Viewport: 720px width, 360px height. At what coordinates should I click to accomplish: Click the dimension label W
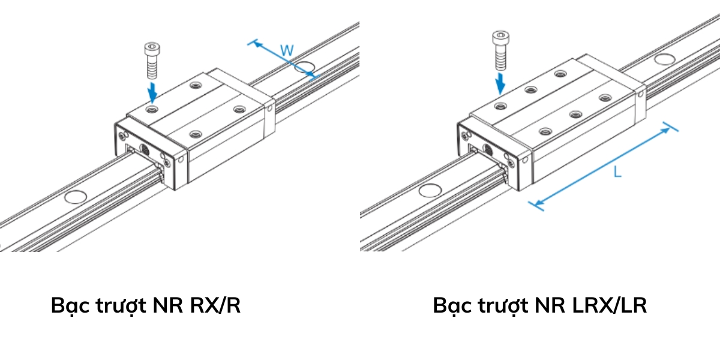[287, 50]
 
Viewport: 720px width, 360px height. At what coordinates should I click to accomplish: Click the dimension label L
[617, 172]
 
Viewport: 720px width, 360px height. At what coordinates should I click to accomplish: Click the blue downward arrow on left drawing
[154, 92]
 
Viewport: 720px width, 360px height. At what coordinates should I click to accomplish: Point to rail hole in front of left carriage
[76, 196]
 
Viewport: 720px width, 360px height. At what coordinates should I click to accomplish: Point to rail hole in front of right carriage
[429, 191]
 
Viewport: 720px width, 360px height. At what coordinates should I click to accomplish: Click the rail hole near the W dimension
[305, 66]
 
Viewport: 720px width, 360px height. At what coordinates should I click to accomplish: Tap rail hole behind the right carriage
[664, 59]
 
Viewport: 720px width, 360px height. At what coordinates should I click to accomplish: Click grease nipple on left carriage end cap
[144, 148]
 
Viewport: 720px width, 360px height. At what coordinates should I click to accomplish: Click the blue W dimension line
[282, 59]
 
